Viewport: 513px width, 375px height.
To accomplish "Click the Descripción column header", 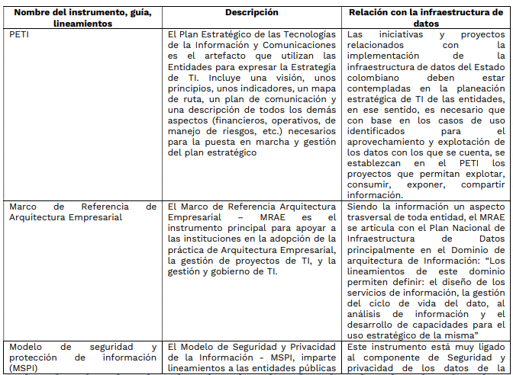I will click(x=251, y=12).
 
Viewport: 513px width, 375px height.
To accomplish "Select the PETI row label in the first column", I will click(x=20, y=34).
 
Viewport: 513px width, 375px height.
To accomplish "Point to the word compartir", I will click(x=480, y=184).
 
